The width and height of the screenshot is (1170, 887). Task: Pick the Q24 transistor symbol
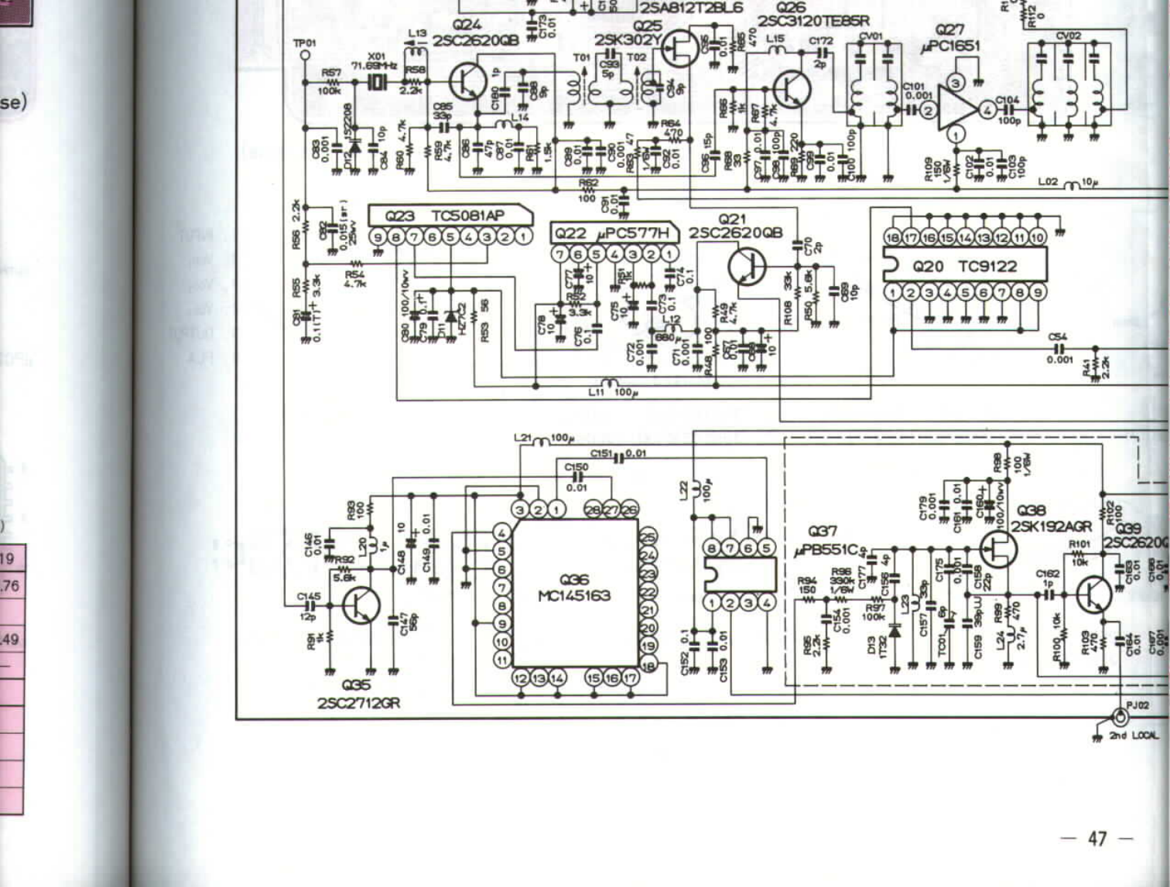[467, 80]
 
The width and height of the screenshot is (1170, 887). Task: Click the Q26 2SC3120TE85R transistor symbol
[792, 89]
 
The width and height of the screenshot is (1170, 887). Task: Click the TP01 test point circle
[305, 56]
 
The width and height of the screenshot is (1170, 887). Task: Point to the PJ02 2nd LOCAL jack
[1119, 716]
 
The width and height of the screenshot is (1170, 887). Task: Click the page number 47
[1096, 838]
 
